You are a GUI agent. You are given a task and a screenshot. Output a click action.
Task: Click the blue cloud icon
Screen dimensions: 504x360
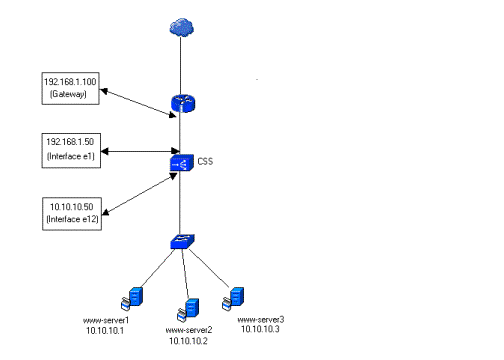[182, 27]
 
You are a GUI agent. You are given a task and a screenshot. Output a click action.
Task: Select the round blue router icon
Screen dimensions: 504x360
[183, 103]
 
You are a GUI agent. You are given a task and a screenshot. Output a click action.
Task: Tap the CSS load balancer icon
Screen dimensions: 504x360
[182, 163]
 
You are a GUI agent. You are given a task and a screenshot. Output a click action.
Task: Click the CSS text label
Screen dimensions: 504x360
[205, 161]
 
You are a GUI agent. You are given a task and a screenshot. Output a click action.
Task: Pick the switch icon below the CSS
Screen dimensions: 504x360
[182, 242]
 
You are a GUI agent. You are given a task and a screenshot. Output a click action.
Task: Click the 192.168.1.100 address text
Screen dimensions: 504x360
[70, 82]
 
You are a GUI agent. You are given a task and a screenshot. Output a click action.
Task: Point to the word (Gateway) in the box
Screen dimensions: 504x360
[68, 94]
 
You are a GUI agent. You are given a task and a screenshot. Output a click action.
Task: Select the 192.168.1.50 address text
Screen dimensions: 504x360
[70, 142]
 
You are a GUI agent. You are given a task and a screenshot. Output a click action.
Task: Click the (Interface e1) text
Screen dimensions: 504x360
[71, 156]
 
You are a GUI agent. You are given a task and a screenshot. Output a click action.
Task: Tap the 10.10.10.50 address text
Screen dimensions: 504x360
[72, 207]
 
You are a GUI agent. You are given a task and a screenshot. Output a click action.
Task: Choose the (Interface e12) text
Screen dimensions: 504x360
[72, 219]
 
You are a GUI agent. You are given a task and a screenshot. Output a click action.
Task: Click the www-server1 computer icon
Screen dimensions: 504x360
[132, 299]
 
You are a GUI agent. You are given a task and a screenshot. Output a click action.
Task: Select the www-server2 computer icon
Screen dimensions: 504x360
[188, 310]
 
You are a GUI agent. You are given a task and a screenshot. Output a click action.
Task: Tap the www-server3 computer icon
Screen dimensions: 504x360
[233, 299]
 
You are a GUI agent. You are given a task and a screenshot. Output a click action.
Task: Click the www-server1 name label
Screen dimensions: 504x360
[106, 321]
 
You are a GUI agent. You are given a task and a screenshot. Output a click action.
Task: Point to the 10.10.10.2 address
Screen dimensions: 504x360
[188, 341]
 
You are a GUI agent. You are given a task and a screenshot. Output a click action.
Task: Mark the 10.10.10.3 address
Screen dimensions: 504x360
[260, 329]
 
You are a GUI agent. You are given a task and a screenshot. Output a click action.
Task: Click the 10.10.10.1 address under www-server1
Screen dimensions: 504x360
[105, 331]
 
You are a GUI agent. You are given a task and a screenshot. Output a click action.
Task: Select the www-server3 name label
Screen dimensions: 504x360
[261, 320]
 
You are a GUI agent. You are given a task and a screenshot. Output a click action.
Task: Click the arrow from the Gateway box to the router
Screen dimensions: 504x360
[138, 103]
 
